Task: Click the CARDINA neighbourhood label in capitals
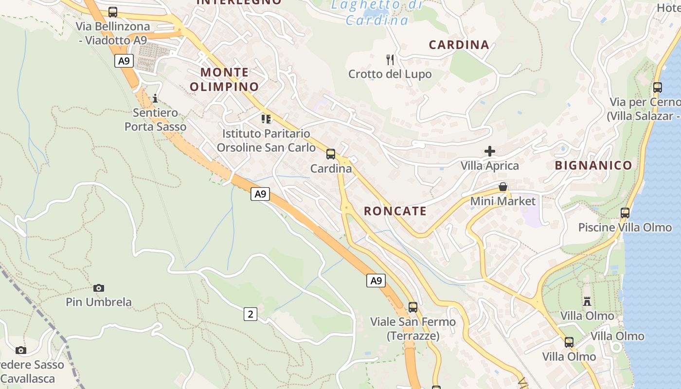(x=459, y=45)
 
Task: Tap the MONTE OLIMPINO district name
(x=224, y=80)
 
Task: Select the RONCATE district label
(x=395, y=211)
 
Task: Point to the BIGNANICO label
(x=593, y=165)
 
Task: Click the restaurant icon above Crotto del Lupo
(x=390, y=60)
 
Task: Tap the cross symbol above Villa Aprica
(x=490, y=151)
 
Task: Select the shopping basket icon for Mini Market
(x=503, y=187)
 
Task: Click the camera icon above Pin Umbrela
(x=99, y=288)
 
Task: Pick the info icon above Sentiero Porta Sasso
(x=155, y=98)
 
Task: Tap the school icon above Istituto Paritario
(x=266, y=119)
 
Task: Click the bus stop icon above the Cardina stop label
(x=331, y=154)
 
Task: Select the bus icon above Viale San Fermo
(x=413, y=307)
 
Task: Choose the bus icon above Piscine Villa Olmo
(x=625, y=213)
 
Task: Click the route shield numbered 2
(x=250, y=314)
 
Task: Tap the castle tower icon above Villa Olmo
(x=587, y=301)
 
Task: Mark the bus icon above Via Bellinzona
(x=113, y=12)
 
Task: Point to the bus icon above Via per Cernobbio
(x=658, y=88)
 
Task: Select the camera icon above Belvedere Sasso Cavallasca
(x=20, y=350)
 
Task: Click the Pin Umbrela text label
(x=99, y=302)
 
